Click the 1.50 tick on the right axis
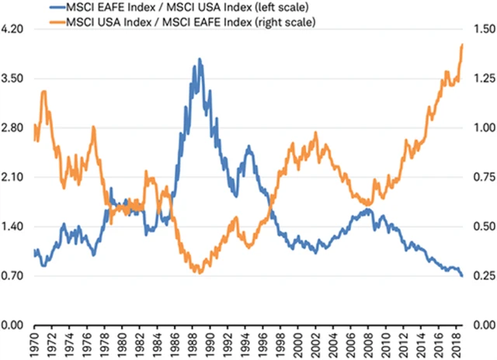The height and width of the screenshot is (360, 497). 482,29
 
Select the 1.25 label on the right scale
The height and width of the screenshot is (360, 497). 482,78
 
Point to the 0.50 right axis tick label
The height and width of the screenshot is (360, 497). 482,227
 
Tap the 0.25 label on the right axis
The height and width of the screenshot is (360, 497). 482,276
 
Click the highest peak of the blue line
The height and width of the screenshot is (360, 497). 200,59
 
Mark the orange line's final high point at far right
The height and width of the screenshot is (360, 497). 463,44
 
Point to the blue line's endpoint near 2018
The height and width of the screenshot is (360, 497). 463,276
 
